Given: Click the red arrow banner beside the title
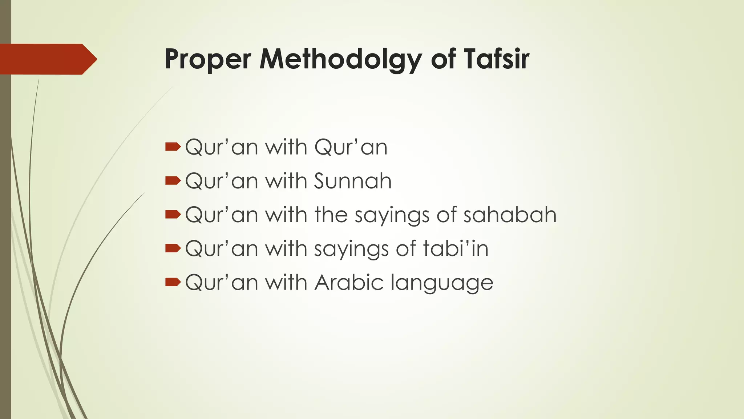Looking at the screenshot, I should pos(47,59).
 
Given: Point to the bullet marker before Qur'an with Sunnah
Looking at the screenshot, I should pos(173,180).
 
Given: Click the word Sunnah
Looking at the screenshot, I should pos(353,181).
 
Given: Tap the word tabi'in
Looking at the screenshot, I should pos(456,248).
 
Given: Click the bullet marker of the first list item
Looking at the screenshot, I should pos(173,147).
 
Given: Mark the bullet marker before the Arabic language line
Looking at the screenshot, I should pos(173,282).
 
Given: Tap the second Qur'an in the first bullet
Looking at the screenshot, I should pos(351,147).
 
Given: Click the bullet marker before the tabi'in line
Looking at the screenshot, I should pos(173,248).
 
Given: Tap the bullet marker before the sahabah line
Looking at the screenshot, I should pos(173,214).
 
